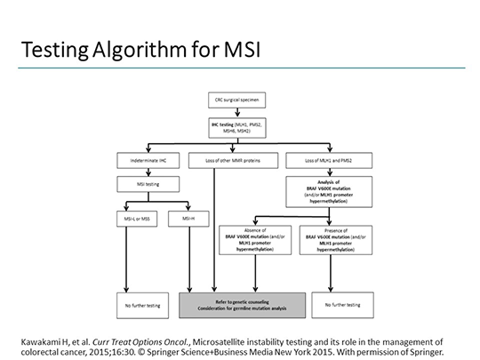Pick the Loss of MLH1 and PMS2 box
tap(329, 159)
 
